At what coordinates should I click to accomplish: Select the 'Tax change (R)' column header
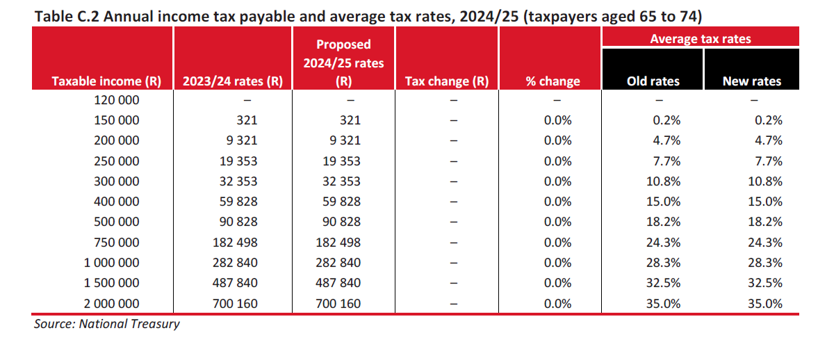(x=446, y=81)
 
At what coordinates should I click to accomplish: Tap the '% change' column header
(x=553, y=81)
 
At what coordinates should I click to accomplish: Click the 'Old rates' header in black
(x=653, y=81)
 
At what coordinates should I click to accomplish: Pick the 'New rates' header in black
(x=751, y=81)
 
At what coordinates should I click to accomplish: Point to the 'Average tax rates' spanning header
(x=700, y=39)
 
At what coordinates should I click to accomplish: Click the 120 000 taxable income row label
(x=116, y=99)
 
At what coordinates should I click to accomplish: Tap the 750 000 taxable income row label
(x=116, y=243)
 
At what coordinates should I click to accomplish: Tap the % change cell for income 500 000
(x=557, y=222)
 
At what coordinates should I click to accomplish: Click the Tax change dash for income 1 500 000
(x=453, y=284)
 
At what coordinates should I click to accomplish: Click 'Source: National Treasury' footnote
(x=106, y=324)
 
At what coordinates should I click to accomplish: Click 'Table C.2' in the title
(x=63, y=14)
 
